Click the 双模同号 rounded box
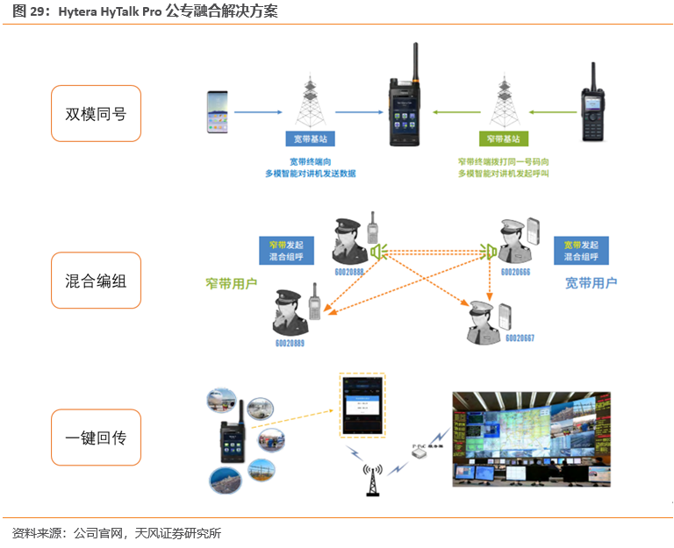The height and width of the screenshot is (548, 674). tap(96, 113)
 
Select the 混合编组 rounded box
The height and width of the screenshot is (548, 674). tap(96, 281)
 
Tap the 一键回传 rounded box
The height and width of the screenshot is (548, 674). tap(96, 437)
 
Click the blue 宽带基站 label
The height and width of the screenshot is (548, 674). tap(312, 139)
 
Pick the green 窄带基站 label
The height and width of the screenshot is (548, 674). tap(504, 139)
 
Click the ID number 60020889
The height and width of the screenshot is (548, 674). tap(288, 342)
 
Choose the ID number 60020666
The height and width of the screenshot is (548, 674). tap(515, 273)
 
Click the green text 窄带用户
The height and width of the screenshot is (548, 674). tap(231, 283)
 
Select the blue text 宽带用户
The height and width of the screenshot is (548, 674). tap(591, 283)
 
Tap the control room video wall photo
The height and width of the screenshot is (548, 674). tap(531, 438)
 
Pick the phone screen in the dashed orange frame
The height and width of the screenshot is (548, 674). tap(363, 405)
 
